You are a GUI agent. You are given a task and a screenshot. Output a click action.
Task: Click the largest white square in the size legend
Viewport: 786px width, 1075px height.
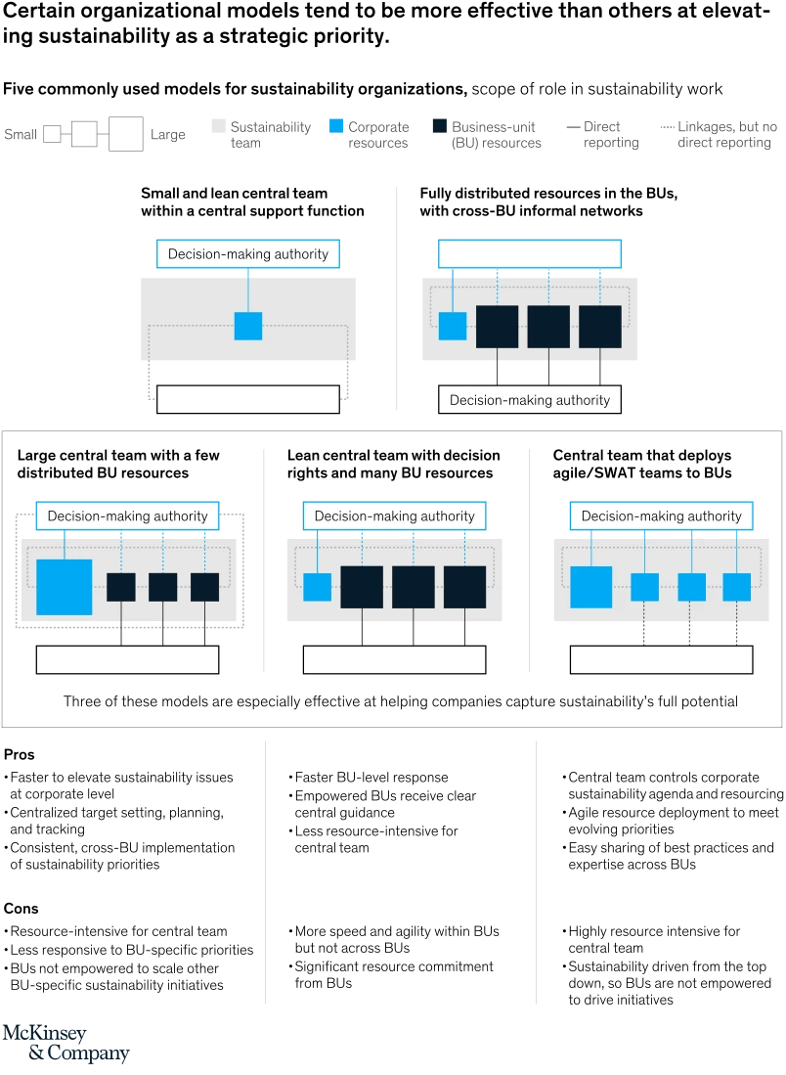point(126,133)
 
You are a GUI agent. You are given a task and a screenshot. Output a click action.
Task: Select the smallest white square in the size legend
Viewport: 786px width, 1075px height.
point(50,135)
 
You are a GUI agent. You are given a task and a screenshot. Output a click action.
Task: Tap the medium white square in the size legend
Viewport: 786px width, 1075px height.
point(84,134)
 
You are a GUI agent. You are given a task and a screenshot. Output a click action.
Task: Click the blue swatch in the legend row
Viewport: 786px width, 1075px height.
point(336,125)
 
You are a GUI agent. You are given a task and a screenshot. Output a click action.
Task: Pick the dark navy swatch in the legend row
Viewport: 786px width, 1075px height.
point(438,125)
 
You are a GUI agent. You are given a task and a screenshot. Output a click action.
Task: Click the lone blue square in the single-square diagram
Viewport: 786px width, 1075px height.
point(248,326)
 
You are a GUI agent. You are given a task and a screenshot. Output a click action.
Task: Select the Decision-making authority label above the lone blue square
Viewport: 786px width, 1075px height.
point(248,254)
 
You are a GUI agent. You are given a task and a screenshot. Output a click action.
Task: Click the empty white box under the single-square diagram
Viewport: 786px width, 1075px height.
point(248,399)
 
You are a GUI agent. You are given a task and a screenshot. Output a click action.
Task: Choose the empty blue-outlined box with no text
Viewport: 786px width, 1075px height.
point(529,254)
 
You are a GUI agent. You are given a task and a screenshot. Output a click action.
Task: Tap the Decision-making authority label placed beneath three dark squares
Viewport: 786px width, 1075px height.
point(529,400)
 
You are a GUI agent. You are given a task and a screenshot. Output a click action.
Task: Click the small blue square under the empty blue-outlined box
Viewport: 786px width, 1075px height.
point(453,326)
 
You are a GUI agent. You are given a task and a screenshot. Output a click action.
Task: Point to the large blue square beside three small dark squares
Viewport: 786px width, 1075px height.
point(65,587)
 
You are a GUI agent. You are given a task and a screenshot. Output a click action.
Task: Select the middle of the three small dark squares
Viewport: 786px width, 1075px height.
point(162,587)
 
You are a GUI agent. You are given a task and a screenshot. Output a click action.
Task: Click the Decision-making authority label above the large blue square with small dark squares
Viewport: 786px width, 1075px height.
point(127,515)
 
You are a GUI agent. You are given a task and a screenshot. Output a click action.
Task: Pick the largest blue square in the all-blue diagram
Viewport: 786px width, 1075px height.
point(590,587)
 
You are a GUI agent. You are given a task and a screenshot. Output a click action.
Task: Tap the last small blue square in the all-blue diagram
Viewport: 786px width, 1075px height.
point(736,587)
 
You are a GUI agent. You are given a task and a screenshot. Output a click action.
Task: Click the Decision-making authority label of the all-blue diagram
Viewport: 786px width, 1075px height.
point(661,515)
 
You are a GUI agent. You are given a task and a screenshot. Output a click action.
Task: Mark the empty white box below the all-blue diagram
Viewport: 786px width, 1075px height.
point(661,660)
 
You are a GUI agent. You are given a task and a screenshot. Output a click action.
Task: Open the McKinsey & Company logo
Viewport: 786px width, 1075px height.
point(66,1044)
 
